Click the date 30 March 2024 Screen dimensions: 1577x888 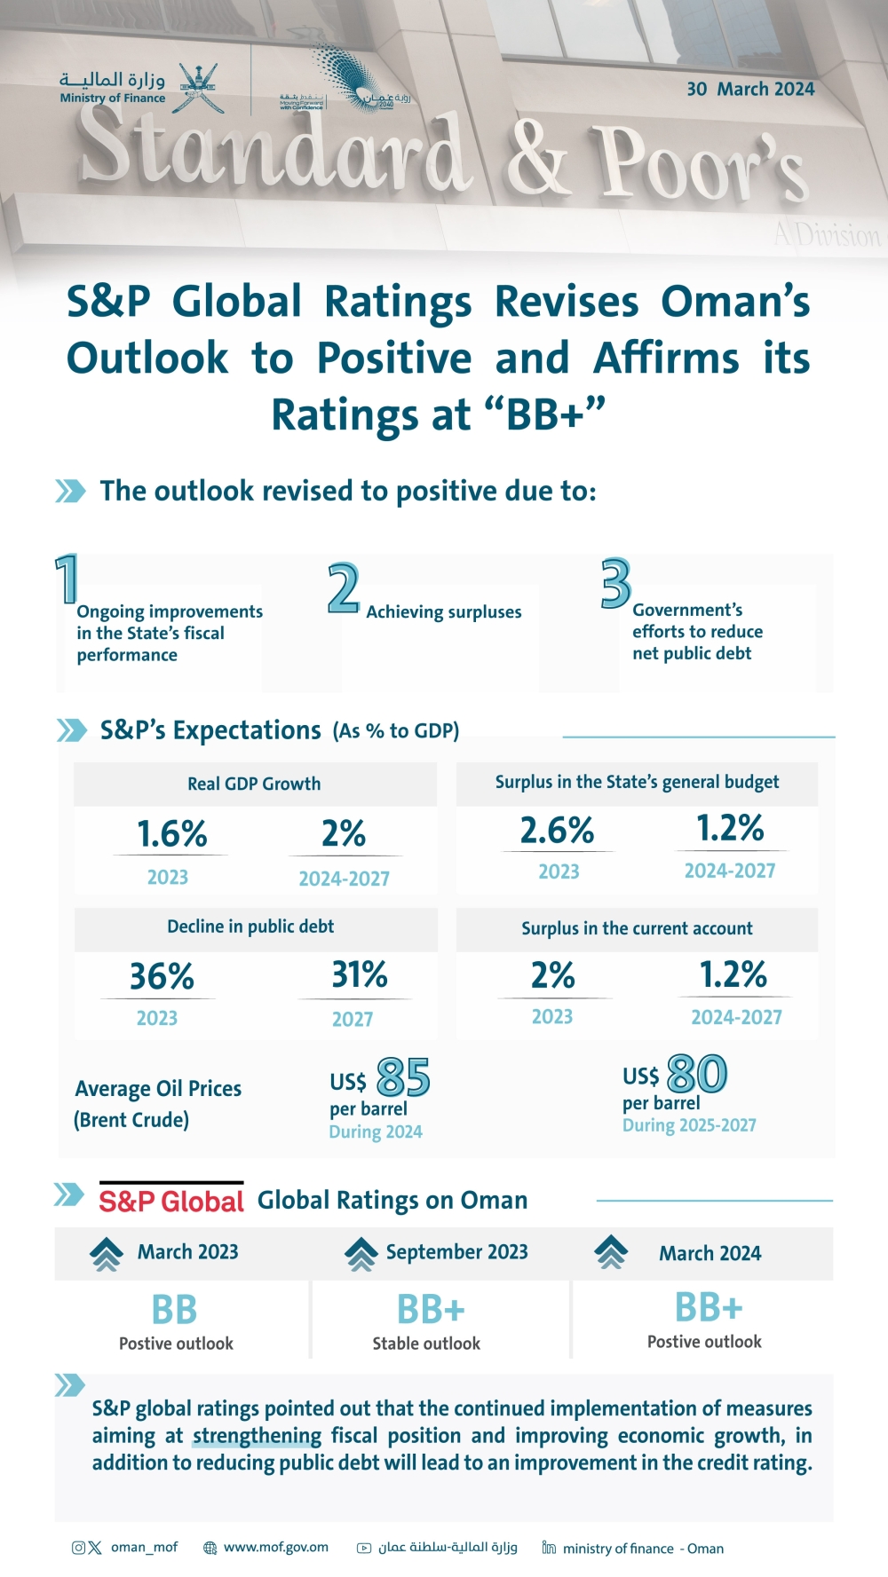pos(750,89)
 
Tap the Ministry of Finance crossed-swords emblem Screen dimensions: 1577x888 pos(197,87)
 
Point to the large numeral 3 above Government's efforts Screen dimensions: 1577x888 pos(615,583)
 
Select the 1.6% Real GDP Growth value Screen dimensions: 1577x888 pos(171,834)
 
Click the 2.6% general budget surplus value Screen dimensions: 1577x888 pos(557,831)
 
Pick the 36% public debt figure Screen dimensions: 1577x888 pos(162,977)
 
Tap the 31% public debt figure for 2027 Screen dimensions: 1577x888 pos(360,975)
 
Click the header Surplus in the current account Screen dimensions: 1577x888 pos(637,928)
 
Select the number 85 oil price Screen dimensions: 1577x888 pos(403,1078)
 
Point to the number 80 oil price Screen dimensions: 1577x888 pos(697,1075)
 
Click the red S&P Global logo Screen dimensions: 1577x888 pos(171,1201)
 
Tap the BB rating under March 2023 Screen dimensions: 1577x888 pos(174,1310)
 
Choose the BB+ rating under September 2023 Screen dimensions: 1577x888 pos(431,1310)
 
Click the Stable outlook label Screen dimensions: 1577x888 pos(426,1344)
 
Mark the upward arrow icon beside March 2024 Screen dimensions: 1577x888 pos(611,1252)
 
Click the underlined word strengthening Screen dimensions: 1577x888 pos(257,1436)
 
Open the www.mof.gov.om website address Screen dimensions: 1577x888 pos(275,1547)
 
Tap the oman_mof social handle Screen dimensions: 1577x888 pos(144,1547)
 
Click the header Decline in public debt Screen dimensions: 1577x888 pos(250,926)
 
